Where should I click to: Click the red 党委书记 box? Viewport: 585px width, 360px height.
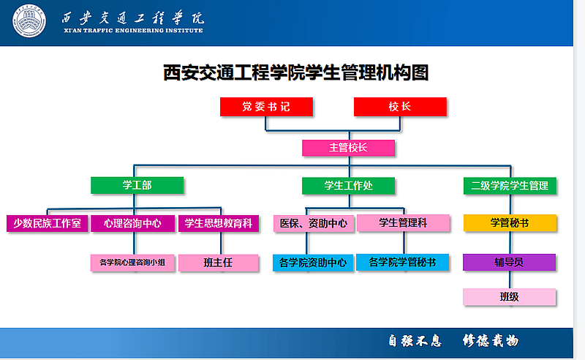pyautogui.click(x=266, y=107)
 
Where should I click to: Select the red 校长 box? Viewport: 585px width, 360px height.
pyautogui.click(x=400, y=107)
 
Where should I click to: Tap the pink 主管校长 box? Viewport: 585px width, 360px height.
pyautogui.click(x=349, y=148)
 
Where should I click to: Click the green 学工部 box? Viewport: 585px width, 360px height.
pyautogui.click(x=137, y=185)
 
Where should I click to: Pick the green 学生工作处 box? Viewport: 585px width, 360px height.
pyautogui.click(x=349, y=186)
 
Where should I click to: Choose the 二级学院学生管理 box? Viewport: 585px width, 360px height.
pyautogui.click(x=510, y=186)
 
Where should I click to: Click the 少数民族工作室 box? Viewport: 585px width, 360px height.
pyautogui.click(x=48, y=223)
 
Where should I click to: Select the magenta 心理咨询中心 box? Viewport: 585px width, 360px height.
pyautogui.click(x=132, y=223)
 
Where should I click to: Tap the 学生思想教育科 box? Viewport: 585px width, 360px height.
pyautogui.click(x=219, y=223)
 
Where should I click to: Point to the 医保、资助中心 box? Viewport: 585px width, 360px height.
pyautogui.click(x=314, y=223)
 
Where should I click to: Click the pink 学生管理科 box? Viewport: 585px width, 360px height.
pyautogui.click(x=403, y=223)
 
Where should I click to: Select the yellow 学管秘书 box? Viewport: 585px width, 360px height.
pyautogui.click(x=510, y=223)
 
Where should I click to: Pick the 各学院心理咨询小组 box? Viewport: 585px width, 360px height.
pyautogui.click(x=132, y=263)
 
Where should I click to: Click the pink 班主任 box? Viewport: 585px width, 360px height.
pyautogui.click(x=218, y=263)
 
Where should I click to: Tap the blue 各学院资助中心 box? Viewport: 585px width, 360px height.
pyautogui.click(x=313, y=263)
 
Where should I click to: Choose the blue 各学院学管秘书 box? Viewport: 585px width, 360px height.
pyautogui.click(x=403, y=262)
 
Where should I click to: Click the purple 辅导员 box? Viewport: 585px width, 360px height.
pyautogui.click(x=509, y=262)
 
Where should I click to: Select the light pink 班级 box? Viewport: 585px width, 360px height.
pyautogui.click(x=509, y=297)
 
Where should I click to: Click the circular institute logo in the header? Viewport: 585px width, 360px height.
pyautogui.click(x=29, y=21)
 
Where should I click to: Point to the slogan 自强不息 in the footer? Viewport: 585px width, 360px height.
pyautogui.click(x=415, y=340)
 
